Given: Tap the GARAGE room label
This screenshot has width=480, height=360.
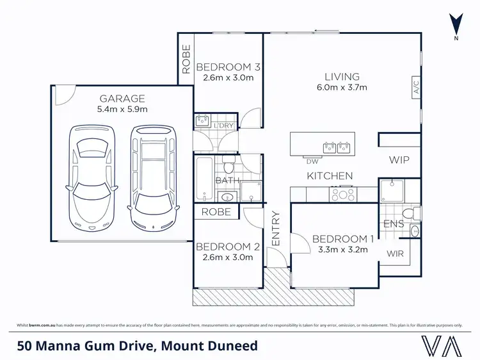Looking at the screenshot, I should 122,99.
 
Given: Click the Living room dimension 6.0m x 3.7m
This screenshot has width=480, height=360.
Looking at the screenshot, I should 341,88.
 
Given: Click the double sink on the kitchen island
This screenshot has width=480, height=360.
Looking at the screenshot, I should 337,148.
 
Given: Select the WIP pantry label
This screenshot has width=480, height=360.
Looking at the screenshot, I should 399,160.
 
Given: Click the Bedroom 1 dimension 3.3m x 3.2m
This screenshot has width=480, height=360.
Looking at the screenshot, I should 339,250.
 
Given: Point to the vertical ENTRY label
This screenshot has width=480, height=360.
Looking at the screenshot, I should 276,229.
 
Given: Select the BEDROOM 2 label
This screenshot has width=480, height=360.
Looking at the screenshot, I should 227,247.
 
